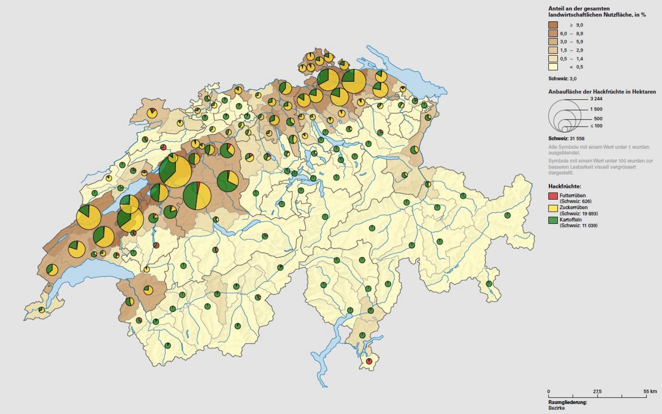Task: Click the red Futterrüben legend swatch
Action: (x=553, y=195)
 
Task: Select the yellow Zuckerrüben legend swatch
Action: (x=553, y=208)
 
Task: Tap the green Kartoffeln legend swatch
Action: (x=553, y=220)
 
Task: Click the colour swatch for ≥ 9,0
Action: (x=553, y=25)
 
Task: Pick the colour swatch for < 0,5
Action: (x=553, y=67)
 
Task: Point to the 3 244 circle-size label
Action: (x=596, y=99)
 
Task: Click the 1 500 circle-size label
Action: (x=596, y=110)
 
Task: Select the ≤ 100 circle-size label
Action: (x=596, y=126)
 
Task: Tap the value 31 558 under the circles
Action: (x=576, y=138)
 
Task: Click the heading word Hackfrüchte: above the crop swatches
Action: (x=565, y=187)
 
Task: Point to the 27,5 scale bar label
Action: (x=597, y=392)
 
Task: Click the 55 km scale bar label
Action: (x=650, y=392)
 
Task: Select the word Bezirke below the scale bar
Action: (x=557, y=408)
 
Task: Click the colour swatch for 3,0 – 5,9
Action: (x=553, y=42)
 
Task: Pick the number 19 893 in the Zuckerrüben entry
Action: (x=588, y=213)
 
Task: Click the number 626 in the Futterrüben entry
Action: (x=581, y=201)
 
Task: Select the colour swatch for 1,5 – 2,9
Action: (x=553, y=50)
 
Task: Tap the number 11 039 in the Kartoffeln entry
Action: (x=588, y=226)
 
